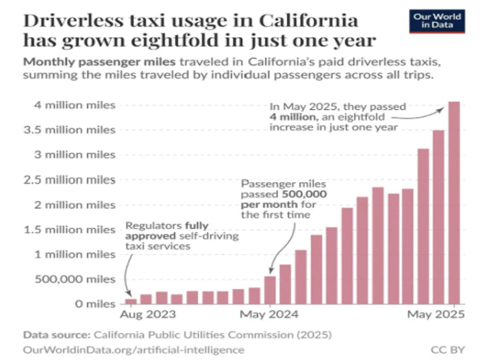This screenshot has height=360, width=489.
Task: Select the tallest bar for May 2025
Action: click(x=454, y=203)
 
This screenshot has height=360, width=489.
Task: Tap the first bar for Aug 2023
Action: click(x=131, y=301)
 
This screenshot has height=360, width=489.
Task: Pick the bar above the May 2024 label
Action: click(x=270, y=290)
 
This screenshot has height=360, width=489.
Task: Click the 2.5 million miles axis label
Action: click(x=70, y=180)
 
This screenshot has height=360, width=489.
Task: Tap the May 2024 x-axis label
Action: click(x=270, y=315)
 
